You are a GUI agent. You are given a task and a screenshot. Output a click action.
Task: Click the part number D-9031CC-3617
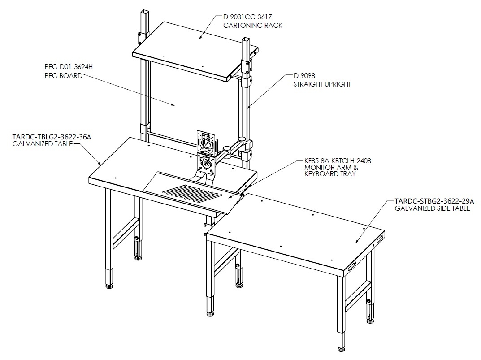(247, 17)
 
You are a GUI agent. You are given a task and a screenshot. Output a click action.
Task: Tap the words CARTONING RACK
(252, 26)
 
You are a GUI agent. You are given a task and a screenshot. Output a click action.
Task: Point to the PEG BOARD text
(64, 75)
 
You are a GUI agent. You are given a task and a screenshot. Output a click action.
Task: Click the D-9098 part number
(304, 75)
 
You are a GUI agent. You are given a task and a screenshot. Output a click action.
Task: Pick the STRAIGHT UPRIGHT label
(322, 84)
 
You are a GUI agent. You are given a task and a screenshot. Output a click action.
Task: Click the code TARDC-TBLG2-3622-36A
(52, 137)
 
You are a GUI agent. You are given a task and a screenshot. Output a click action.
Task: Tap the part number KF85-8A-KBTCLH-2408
(338, 160)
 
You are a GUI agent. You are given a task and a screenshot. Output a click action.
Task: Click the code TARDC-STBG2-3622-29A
(434, 201)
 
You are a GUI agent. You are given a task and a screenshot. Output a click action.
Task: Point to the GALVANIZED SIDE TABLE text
(432, 208)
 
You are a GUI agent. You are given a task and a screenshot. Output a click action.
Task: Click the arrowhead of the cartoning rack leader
(200, 37)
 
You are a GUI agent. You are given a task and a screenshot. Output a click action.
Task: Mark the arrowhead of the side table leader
(357, 241)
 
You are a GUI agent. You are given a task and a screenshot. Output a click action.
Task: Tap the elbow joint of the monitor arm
(227, 149)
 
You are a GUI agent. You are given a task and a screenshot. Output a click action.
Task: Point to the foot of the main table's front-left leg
(109, 286)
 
